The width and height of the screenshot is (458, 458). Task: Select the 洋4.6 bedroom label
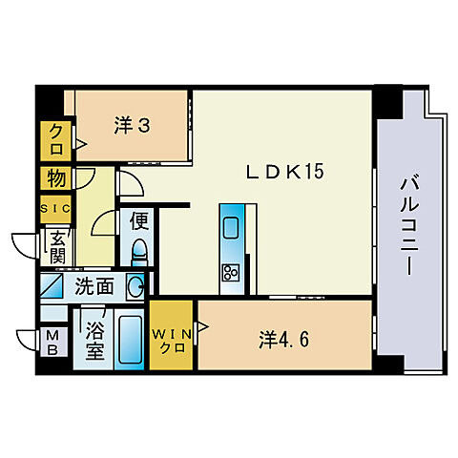[283, 338]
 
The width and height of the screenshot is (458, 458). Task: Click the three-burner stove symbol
[231, 272]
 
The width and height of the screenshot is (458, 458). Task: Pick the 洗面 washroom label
[97, 285]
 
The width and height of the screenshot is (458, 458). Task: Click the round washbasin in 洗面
[136, 284]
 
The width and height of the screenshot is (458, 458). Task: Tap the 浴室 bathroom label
[94, 340]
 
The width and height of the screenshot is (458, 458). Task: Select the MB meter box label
[52, 340]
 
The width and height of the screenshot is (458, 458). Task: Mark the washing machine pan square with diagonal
[53, 285]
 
